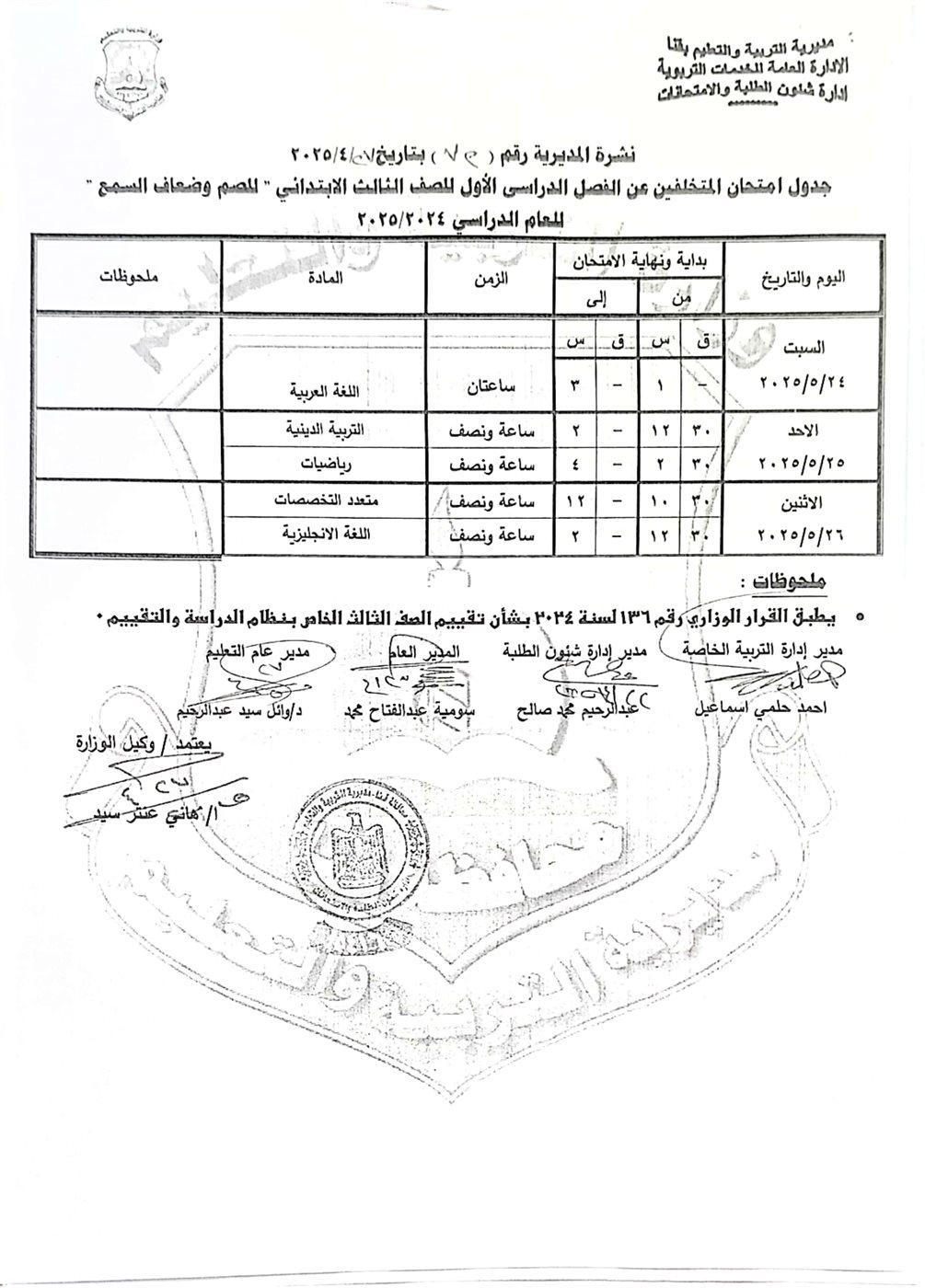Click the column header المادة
pos(323,276)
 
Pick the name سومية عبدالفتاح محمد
pos(418,711)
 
